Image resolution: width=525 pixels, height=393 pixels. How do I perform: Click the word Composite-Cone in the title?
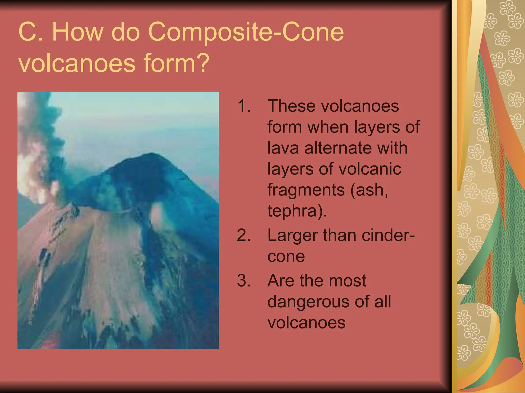pos(246,32)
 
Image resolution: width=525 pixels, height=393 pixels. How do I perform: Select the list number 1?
pos(244,106)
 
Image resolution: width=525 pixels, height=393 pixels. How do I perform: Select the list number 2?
pos(244,235)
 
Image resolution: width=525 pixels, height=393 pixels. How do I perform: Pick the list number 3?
pos(244,281)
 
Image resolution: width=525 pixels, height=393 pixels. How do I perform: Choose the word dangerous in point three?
pos(309,302)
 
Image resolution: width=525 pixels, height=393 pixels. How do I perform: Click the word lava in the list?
pos(283,148)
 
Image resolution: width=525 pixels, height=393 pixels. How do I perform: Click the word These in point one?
pos(291,106)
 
